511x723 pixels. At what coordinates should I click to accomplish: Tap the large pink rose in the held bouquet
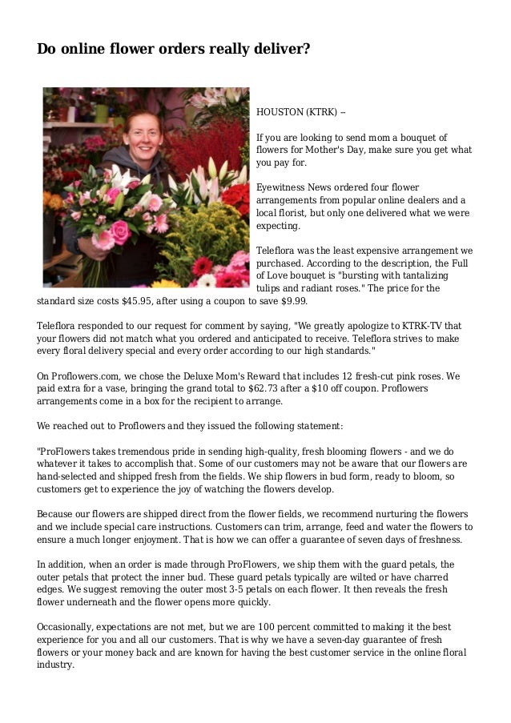click(120, 231)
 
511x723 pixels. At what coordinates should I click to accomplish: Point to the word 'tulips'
click(269, 288)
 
